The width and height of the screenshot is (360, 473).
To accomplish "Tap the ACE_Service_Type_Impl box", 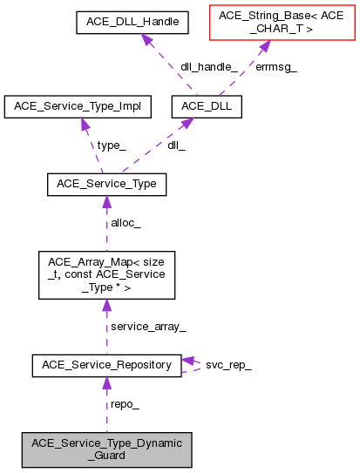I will tap(78, 107).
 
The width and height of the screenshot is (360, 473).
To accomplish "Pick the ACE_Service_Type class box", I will tap(106, 185).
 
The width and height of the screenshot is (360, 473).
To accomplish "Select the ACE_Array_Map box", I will tap(106, 274).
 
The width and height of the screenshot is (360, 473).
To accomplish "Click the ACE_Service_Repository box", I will tap(106, 365).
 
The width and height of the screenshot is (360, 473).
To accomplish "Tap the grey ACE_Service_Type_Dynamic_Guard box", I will tap(106, 449).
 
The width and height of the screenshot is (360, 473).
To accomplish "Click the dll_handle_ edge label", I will tap(210, 66).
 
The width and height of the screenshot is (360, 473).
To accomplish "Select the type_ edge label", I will tap(111, 145).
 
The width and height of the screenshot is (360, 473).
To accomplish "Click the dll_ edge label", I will tap(177, 145).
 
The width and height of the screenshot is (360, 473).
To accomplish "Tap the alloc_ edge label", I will tap(126, 223).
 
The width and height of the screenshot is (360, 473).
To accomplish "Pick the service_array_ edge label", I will tap(147, 326).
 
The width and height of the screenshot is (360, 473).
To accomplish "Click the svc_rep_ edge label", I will tap(228, 365).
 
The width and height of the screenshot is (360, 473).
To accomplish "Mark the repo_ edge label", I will tap(125, 404).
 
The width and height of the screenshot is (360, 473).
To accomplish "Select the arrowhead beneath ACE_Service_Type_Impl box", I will tap(85, 125).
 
